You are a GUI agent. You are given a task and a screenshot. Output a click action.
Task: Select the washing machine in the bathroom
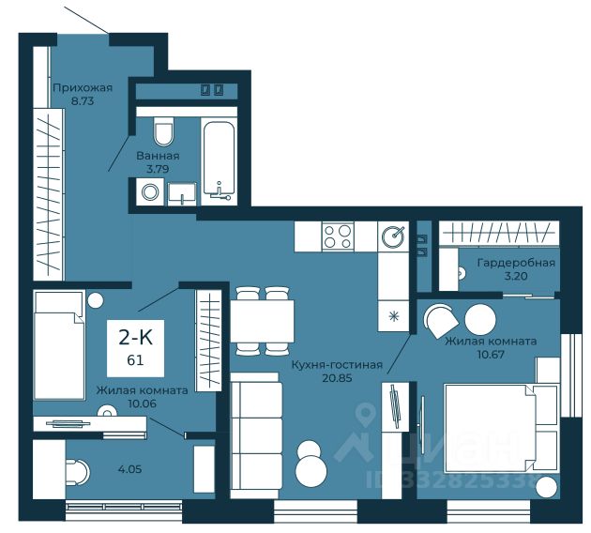click(x=150, y=191)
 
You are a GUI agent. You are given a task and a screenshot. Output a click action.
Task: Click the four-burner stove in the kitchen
click(x=338, y=236)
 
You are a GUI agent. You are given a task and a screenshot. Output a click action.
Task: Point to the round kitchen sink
click(x=393, y=237)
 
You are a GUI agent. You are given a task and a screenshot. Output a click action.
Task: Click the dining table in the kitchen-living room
click(x=263, y=321)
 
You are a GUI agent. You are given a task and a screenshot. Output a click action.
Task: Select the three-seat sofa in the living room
click(x=256, y=435)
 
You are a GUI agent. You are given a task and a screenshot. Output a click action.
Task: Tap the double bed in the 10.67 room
click(x=501, y=428)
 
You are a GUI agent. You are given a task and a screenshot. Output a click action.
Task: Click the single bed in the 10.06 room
click(x=59, y=345)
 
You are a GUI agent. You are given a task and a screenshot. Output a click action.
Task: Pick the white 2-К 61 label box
click(x=135, y=348)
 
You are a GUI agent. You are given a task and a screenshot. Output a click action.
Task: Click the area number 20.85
click(x=338, y=378)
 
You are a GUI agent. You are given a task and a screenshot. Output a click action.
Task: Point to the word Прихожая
click(x=83, y=88)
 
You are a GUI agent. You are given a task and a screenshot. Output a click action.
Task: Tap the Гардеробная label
click(x=516, y=263)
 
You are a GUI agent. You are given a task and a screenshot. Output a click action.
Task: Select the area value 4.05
click(x=130, y=469)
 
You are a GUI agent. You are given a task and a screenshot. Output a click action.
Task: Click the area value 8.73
click(x=83, y=101)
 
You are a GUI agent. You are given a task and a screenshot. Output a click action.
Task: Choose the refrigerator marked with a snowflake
click(x=393, y=316)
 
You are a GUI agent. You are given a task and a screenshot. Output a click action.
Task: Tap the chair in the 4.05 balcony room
click(x=78, y=472)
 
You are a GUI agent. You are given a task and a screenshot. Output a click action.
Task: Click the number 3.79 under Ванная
click(x=158, y=169)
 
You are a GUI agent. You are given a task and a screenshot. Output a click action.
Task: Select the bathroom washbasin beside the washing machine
click(x=182, y=193)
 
